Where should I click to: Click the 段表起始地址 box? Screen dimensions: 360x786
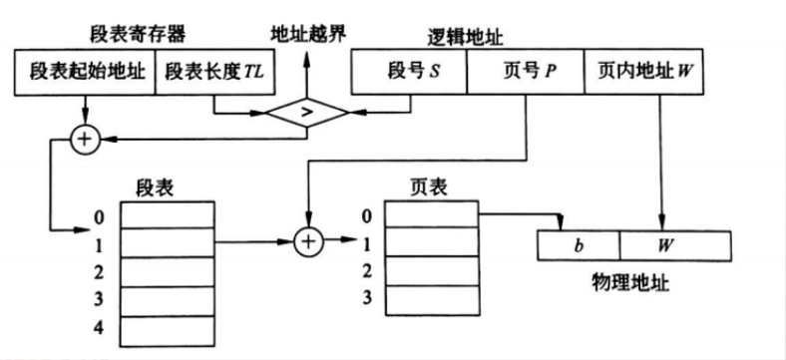pos(85,74)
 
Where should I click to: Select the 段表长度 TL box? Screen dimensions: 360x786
pos(213,74)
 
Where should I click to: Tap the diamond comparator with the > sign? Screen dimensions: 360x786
pos(306,112)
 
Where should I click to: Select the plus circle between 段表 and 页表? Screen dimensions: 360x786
pos(309,240)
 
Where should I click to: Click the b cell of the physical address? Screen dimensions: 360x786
pos(579,244)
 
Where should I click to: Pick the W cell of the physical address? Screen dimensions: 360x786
pos(662,244)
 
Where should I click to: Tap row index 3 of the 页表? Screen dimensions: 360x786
pos(367,296)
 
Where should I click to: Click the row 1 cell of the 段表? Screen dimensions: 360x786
pos(167,242)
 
